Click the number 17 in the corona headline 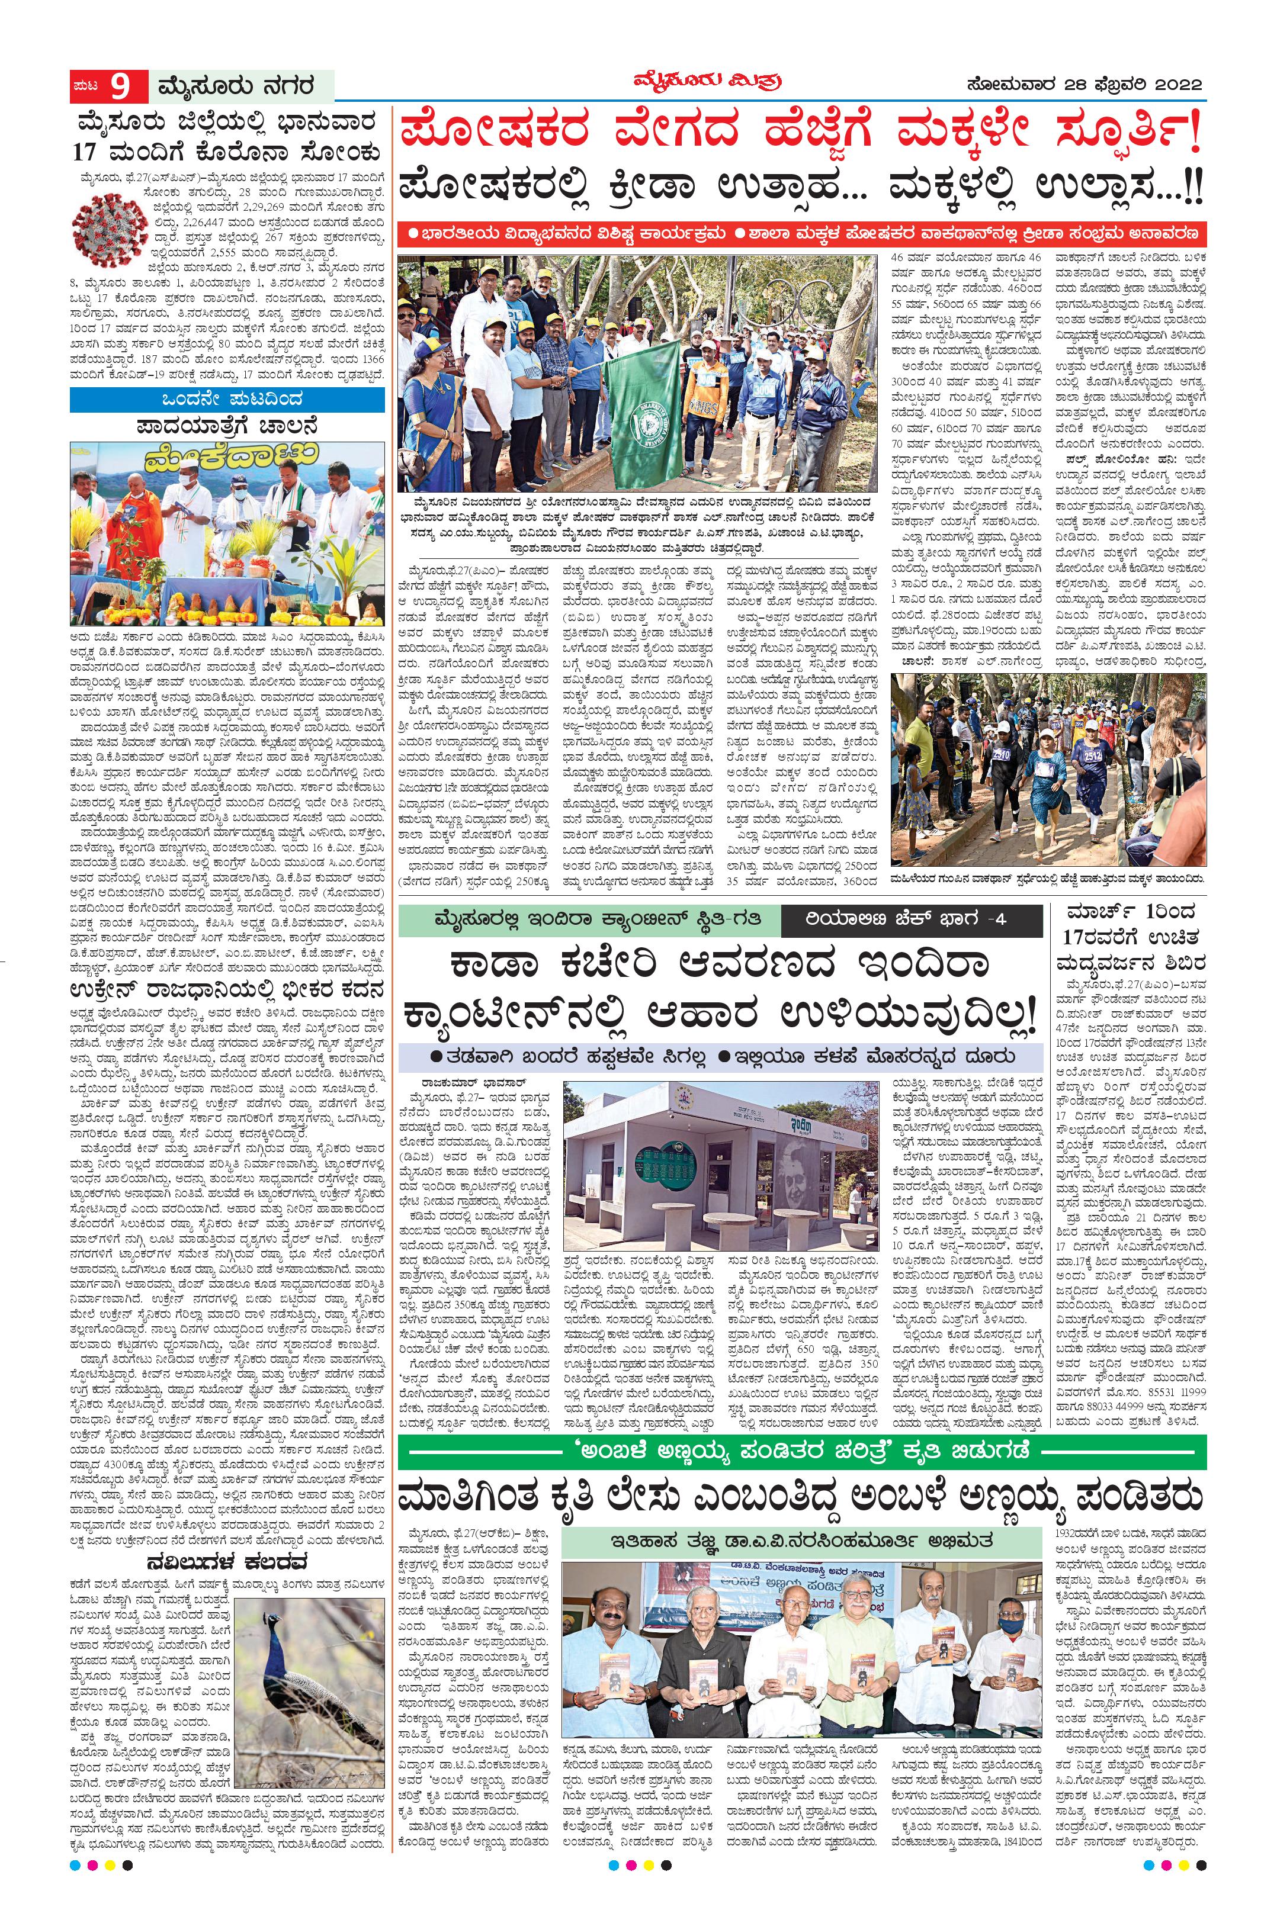85,152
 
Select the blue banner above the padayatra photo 227,399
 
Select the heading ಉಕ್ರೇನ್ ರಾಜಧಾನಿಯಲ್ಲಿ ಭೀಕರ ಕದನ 227,990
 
